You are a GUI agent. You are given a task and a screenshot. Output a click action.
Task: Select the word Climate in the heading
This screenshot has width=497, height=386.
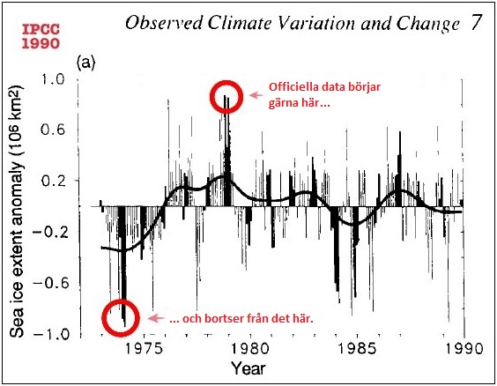pyautogui.click(x=264, y=23)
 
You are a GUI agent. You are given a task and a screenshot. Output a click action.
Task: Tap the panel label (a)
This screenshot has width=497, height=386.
pyautogui.click(x=87, y=63)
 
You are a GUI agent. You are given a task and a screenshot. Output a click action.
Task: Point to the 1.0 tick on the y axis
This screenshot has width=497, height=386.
pyautogui.click(x=52, y=80)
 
